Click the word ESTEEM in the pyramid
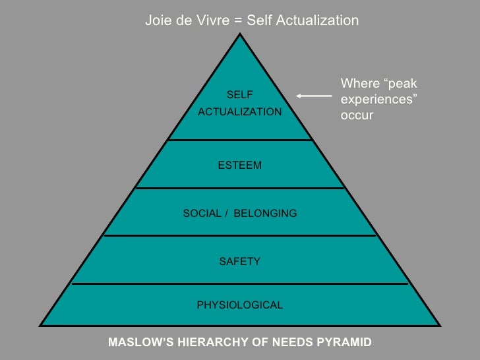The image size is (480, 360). [239, 165]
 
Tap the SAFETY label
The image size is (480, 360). [239, 262]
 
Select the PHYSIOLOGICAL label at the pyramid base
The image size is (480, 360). [239, 305]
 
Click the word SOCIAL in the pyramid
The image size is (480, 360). [201, 214]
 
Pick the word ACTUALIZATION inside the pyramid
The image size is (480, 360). [239, 112]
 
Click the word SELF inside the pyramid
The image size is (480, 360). [239, 95]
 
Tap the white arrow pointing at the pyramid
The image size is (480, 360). [314, 96]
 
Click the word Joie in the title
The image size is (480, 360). [158, 20]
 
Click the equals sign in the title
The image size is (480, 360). [237, 20]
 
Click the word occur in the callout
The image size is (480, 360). [357, 115]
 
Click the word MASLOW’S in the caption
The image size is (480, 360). [136, 342]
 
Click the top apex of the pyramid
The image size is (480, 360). [240, 33]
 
